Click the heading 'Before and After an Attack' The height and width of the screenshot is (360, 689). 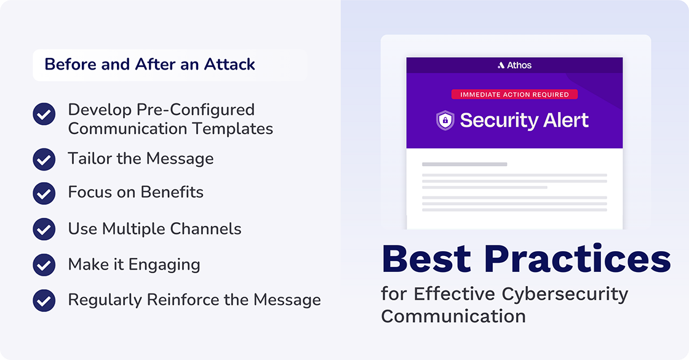tap(149, 65)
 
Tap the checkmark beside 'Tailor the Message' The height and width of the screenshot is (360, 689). tap(44, 159)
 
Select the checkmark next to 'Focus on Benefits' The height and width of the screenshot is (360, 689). tap(44, 193)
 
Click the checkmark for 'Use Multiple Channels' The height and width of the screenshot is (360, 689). tap(44, 229)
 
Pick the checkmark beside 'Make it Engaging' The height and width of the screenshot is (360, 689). tap(44, 265)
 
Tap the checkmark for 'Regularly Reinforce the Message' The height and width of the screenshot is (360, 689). tap(44, 300)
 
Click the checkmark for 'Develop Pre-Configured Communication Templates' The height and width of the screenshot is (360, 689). tap(44, 114)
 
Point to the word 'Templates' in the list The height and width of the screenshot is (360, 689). tap(236, 129)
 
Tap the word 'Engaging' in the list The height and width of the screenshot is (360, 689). tap(170, 265)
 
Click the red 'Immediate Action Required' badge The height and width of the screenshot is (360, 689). tap(514, 95)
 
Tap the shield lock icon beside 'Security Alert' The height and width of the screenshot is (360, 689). tap(445, 120)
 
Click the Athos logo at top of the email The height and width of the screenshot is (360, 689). tap(514, 65)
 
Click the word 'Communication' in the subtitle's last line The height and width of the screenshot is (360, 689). tap(453, 316)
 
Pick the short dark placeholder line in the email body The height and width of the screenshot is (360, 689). tap(464, 164)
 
